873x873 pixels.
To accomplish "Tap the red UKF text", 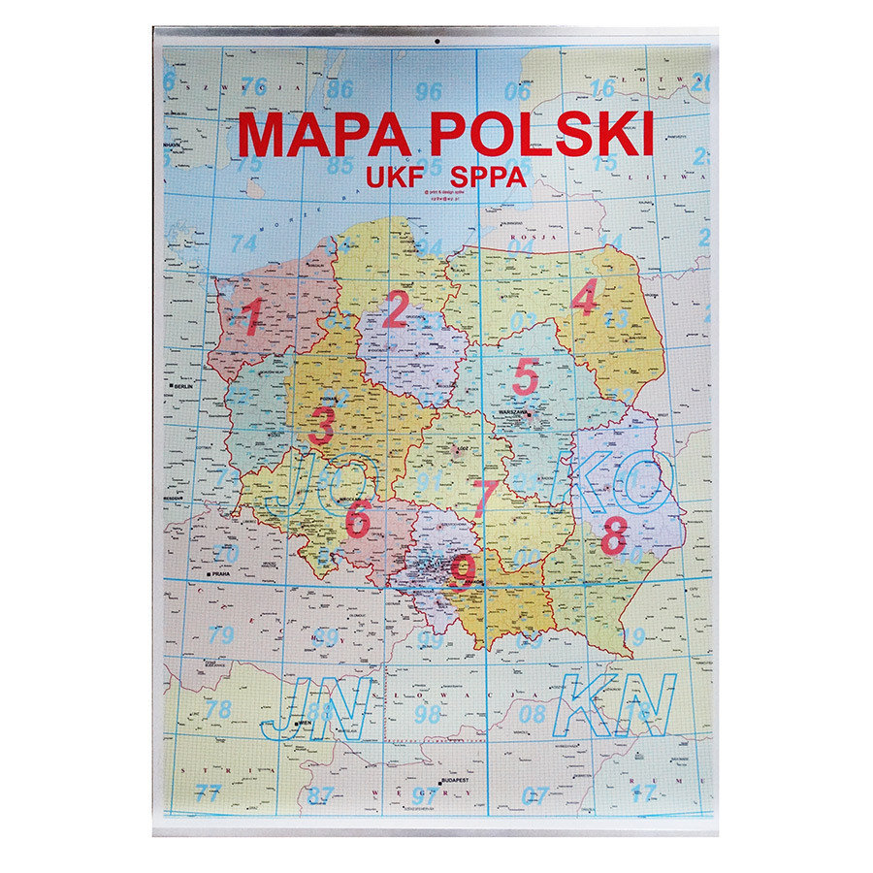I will pos(392,177).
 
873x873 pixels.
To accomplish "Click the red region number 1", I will pos(251,317).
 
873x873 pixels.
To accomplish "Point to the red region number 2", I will pos(395,311).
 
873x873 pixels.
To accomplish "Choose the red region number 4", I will pos(584,298).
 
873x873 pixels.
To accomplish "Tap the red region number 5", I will pos(525,376).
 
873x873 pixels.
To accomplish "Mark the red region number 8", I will pos(613,536).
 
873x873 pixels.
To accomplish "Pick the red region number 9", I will pos(463,570).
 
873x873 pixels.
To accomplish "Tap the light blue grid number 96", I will pos(428,92).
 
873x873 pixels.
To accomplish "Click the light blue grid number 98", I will pos(428,715).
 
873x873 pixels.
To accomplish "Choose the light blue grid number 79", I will pos(221,636).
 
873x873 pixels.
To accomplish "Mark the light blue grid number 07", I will pos(534,795).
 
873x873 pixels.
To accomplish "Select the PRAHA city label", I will pos(220,573).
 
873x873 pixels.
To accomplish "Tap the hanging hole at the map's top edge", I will pos(436,42).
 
